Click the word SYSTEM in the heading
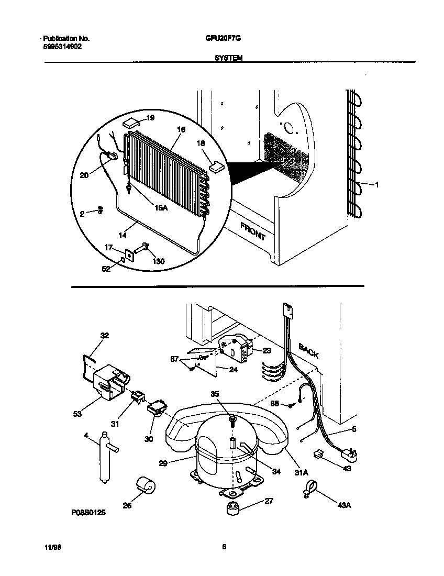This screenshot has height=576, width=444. coord(228,59)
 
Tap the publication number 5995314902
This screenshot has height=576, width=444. coord(62,46)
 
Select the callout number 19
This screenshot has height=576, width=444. coord(150,118)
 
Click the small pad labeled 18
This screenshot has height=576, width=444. coord(216,167)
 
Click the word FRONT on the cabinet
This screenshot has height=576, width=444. coord(253,230)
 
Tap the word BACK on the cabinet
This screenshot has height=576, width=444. coord(308,350)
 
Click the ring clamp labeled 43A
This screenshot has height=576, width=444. coord(307,491)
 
